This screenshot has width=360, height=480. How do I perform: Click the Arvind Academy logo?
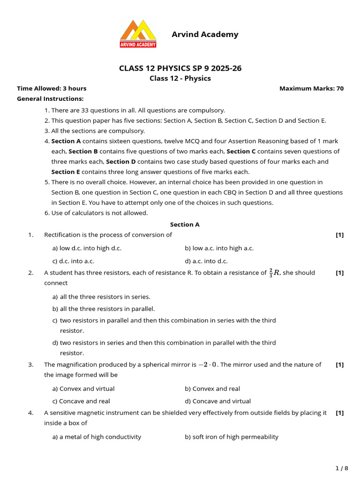[x=138, y=33]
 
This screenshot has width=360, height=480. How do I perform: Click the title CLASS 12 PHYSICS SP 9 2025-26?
[x=180, y=68]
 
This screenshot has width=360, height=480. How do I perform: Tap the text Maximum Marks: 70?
[x=311, y=88]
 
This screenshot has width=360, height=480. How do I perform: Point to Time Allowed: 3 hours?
[x=52, y=88]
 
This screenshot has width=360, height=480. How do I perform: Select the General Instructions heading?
[x=50, y=98]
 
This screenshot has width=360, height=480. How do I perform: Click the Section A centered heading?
[x=185, y=225]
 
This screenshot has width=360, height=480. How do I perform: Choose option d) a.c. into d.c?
[x=206, y=261]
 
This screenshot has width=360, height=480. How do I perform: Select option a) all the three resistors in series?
[x=101, y=297]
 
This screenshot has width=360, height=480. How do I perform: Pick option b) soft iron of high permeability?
[x=231, y=437]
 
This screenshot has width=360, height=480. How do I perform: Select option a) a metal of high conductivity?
[x=97, y=437]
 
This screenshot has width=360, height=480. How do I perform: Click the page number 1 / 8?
[x=342, y=468]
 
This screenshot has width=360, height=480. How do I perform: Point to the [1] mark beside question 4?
[x=340, y=413]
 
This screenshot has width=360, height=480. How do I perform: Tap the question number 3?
[x=30, y=365]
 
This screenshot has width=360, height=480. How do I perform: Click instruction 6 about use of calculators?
[x=96, y=213]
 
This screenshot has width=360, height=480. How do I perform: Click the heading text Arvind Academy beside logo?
[x=205, y=34]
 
